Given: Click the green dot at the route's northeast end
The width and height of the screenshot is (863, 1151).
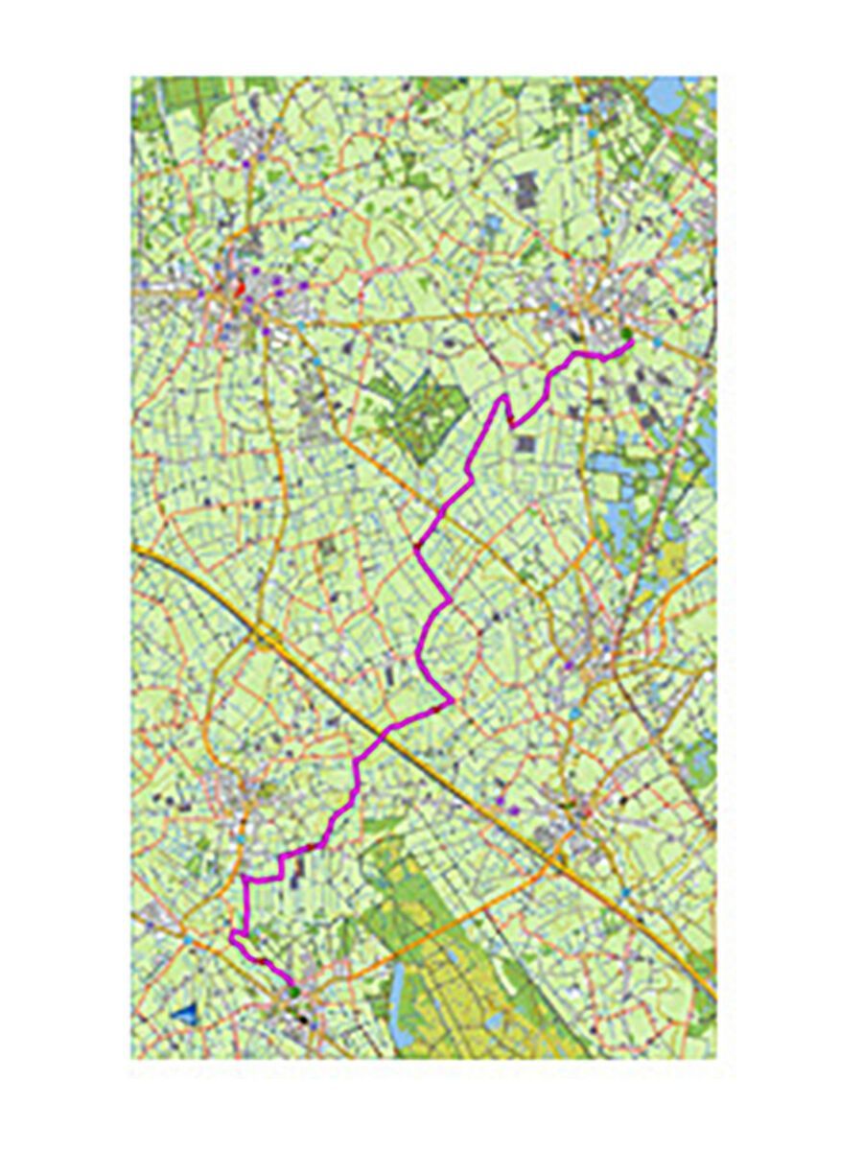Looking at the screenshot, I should coord(627,335).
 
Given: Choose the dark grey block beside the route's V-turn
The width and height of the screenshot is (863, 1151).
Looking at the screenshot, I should coord(525,444).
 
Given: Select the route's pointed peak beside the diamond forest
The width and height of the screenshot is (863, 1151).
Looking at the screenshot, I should coord(501,395).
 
